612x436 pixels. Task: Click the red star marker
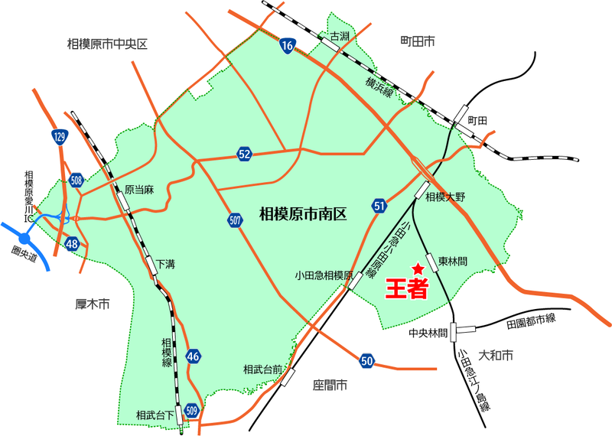(x=418, y=268)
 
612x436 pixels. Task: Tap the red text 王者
(x=405, y=289)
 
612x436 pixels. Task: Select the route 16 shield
(x=287, y=47)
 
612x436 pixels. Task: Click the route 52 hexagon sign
(x=244, y=155)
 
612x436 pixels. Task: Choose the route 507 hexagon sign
(x=235, y=220)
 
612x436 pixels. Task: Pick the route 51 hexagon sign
(x=380, y=205)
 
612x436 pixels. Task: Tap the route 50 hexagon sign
(x=367, y=360)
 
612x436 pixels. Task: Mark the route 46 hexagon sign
(x=193, y=356)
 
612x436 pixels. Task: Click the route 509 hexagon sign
(x=192, y=410)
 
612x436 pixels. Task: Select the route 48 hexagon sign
(x=73, y=244)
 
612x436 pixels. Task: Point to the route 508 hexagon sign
(x=76, y=181)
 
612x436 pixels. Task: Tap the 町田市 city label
(x=418, y=39)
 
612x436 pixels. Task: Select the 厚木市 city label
(x=93, y=304)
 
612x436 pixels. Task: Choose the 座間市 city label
(x=330, y=384)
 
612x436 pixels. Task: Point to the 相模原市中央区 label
(x=107, y=45)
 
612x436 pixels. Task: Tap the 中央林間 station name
(x=428, y=333)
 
